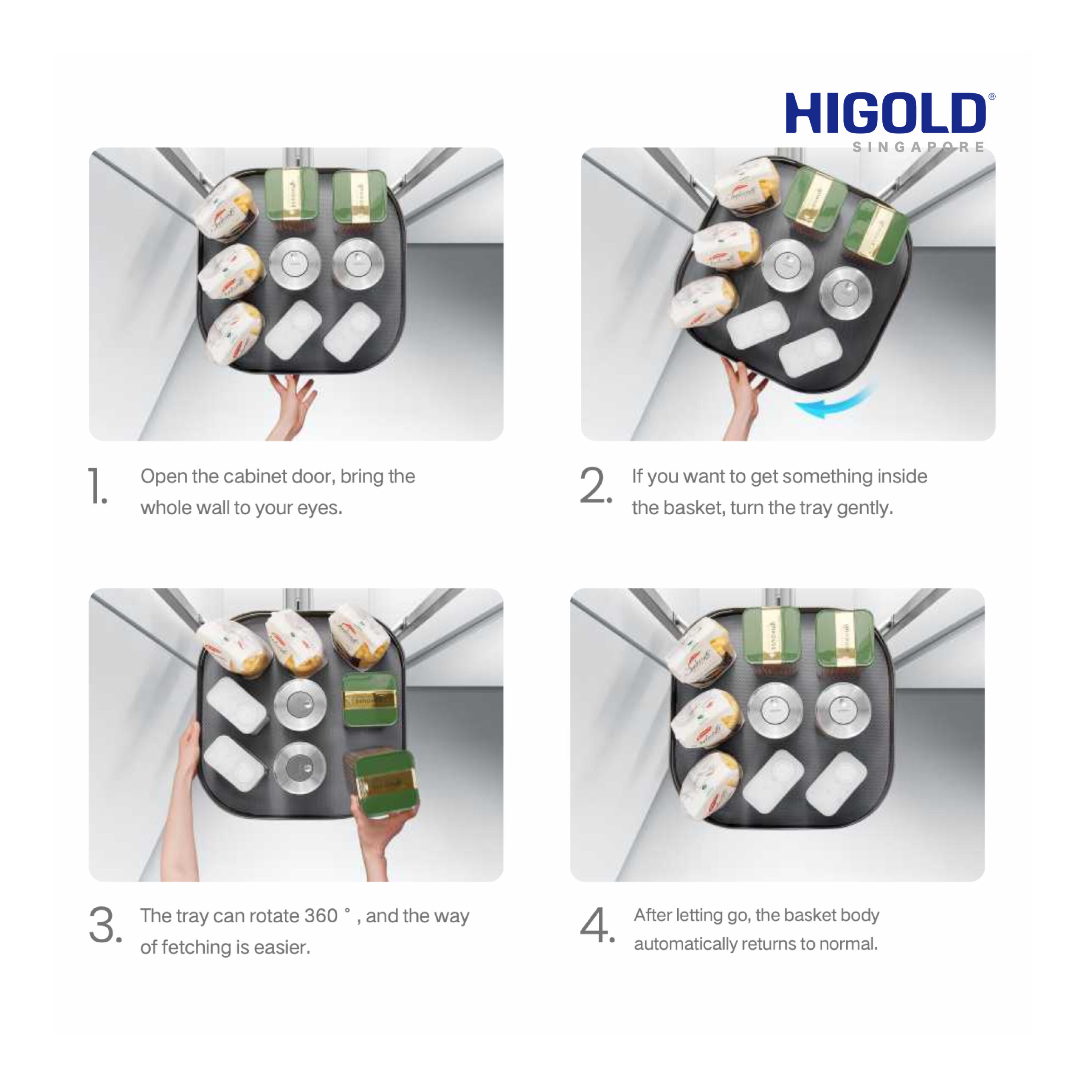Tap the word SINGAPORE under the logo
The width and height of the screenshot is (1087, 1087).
point(918,147)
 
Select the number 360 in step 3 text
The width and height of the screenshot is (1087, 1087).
point(321,915)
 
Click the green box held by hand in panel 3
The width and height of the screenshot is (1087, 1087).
point(381,783)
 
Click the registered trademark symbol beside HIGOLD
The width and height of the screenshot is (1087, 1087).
point(991,97)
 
